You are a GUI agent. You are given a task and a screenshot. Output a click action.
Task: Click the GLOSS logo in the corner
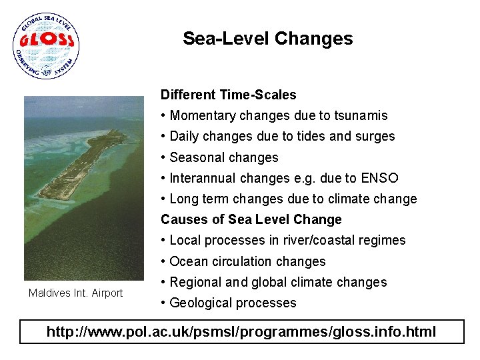click(x=45, y=46)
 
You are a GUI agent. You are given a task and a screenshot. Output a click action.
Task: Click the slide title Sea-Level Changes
click(x=267, y=39)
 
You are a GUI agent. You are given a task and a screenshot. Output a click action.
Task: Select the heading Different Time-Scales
click(x=228, y=95)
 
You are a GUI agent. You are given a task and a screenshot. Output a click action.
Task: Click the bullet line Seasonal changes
click(x=223, y=157)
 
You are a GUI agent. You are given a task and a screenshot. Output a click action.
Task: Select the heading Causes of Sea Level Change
click(x=251, y=219)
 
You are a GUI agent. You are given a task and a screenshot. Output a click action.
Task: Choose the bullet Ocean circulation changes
click(x=247, y=261)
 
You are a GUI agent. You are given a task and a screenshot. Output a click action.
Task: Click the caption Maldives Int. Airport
click(x=75, y=293)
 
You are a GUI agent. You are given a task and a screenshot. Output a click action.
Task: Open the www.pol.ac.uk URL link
click(x=241, y=331)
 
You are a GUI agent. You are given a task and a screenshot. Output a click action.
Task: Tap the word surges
click(x=376, y=136)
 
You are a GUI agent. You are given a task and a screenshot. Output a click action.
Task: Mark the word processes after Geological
click(x=265, y=303)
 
